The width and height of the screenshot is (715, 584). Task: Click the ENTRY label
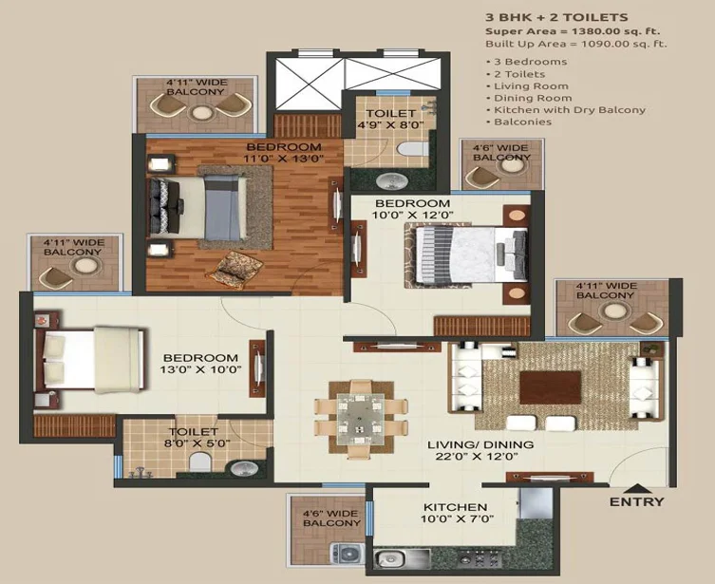point(636,502)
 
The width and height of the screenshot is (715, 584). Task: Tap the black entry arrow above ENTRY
point(637,488)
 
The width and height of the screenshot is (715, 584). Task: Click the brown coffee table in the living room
point(551,387)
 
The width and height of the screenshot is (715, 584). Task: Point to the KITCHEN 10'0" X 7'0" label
point(457,513)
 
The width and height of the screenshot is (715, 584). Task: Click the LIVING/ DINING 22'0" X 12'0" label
point(480,450)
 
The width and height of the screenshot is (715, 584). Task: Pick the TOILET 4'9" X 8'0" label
point(390,119)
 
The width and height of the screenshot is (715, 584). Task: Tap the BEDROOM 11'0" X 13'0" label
point(284,153)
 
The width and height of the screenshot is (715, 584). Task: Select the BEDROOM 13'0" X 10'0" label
point(200,364)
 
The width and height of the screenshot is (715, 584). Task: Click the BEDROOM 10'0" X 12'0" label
point(413,209)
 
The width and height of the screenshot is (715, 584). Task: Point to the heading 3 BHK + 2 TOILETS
point(556,17)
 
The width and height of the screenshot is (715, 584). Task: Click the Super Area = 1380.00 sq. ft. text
point(573,31)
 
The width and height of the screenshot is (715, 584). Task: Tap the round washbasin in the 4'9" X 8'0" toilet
point(392,180)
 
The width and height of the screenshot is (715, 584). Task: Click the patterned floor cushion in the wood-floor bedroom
point(235,269)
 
